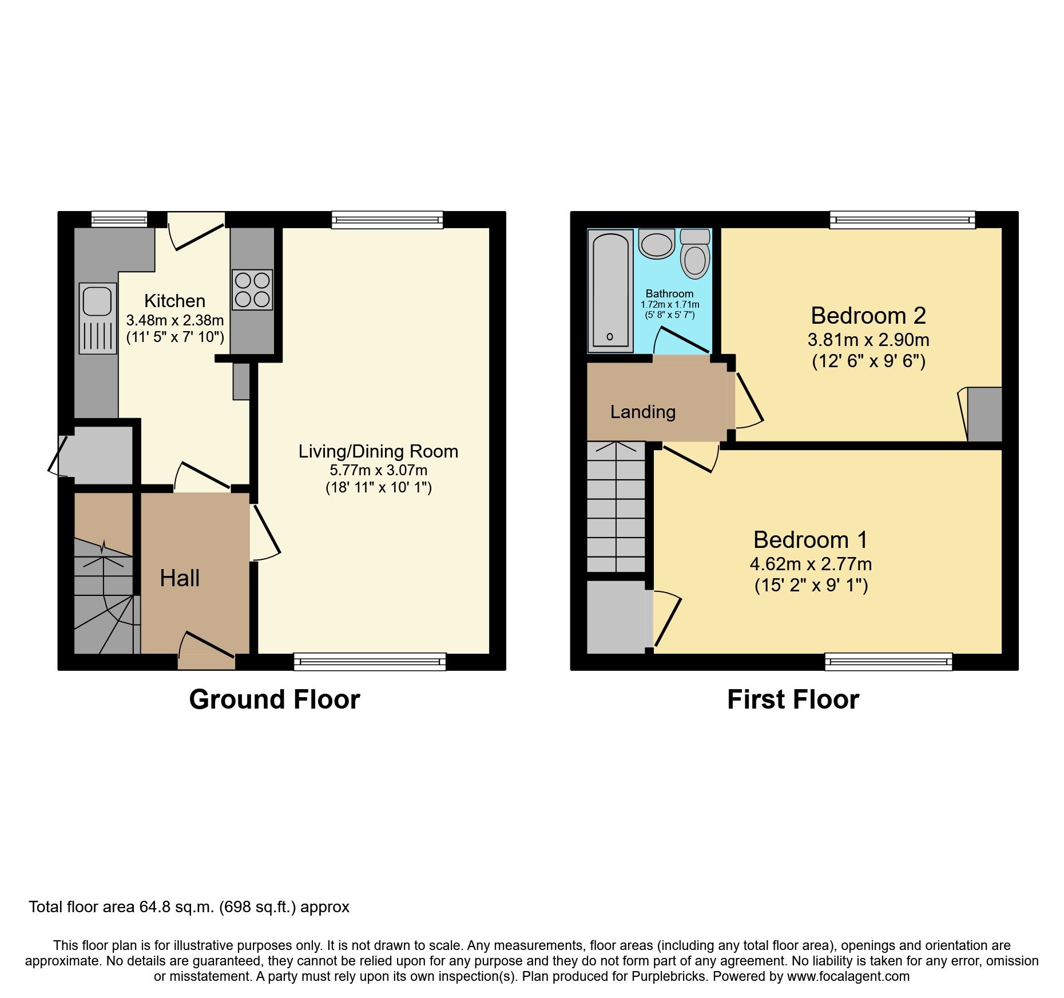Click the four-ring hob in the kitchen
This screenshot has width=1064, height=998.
[252, 289]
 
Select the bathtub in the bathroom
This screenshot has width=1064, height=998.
[610, 290]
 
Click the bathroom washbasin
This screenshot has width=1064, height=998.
[657, 244]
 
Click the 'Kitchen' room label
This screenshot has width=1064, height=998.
[174, 301]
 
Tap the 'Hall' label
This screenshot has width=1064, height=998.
[180, 578]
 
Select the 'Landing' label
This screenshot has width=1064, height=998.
[642, 412]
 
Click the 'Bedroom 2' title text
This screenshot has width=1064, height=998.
[868, 316]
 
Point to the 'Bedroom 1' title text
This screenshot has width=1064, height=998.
[810, 540]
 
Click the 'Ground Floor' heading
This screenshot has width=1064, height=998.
[275, 699]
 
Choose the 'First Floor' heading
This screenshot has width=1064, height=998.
[793, 699]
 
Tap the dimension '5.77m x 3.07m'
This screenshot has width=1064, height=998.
[378, 470]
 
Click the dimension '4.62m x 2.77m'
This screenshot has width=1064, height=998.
[811, 564]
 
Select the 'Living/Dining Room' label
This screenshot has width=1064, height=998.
[378, 451]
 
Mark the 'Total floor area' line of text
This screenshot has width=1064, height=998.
[189, 907]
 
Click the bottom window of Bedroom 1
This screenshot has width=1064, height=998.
[888, 662]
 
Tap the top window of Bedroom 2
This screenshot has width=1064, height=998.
[902, 220]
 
